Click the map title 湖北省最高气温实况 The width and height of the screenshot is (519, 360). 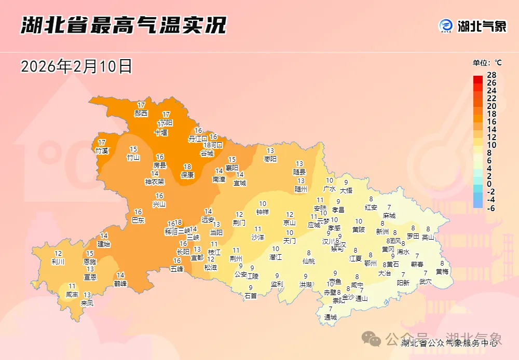124,25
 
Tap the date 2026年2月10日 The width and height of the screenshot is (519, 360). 76,66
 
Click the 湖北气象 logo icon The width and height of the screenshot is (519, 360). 446,25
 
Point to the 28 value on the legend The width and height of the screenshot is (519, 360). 491,76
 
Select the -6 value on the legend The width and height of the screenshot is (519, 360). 491,207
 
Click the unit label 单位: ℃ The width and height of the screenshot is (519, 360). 487,63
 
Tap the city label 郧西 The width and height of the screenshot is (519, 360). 141,113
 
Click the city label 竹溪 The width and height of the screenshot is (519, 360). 102,150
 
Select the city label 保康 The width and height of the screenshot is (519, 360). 187,175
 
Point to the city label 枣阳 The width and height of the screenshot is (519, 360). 270,159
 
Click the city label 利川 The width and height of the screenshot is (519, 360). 58,262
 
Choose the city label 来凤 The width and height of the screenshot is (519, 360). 87,303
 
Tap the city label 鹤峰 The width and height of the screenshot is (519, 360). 120,283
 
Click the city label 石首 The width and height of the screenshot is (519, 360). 251,296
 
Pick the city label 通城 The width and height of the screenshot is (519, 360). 331,317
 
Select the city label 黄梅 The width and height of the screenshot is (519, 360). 442,271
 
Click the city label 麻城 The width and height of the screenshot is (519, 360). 389,215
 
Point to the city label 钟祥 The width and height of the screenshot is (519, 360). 263,212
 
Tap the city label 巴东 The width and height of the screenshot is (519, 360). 138,220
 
